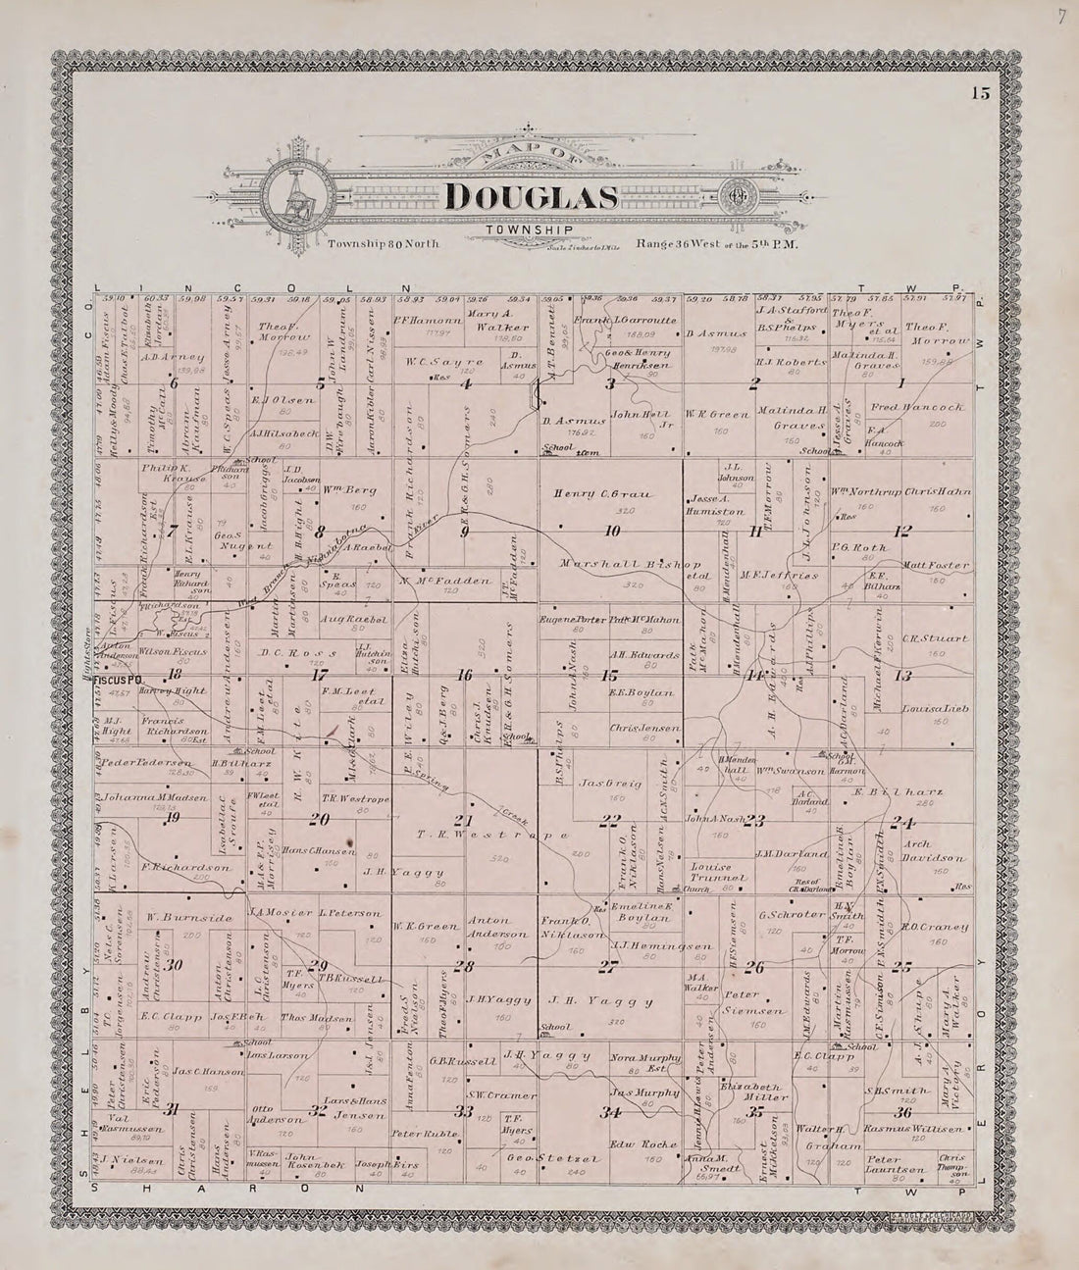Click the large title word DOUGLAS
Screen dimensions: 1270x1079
[x=531, y=197]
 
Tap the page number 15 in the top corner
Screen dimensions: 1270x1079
[x=981, y=94]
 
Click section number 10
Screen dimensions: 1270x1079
[x=613, y=531]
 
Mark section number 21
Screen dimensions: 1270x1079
[x=462, y=820]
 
